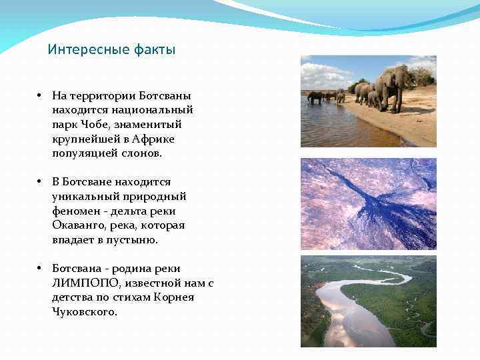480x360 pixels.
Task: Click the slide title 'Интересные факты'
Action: click(111, 50)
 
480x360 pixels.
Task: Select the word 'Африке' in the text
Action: click(151, 139)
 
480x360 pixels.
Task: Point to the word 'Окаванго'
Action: click(77, 225)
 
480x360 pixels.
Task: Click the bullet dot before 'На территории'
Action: click(40, 96)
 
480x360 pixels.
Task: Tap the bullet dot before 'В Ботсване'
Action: click(40, 182)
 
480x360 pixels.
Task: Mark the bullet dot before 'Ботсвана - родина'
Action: click(40, 269)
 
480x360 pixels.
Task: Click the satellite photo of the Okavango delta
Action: click(368, 203)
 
